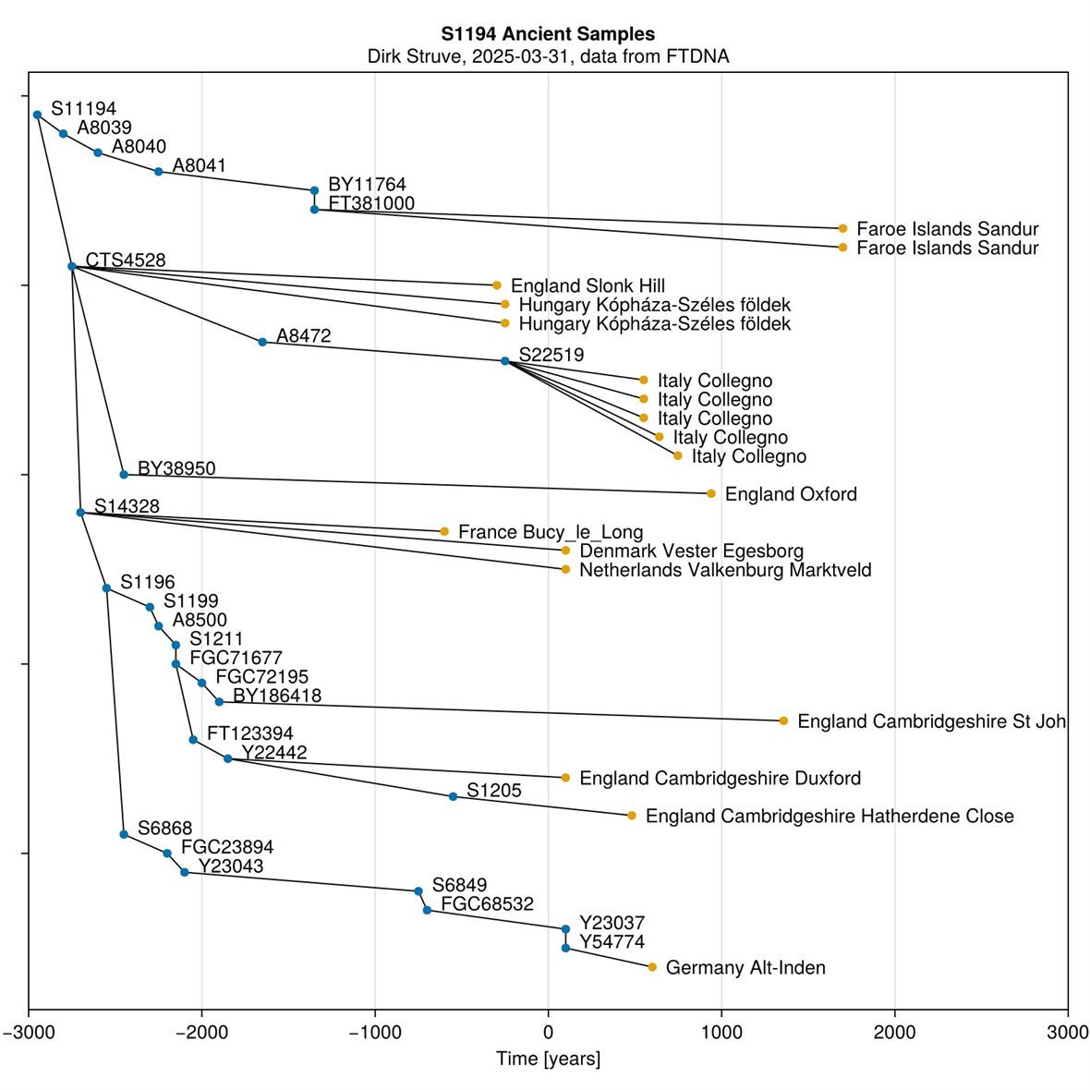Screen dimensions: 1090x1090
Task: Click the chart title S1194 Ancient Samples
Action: click(x=548, y=34)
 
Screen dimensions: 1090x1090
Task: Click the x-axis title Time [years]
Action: click(x=548, y=1059)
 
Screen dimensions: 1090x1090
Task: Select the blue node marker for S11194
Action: click(x=37, y=115)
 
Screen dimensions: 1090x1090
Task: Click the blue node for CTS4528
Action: click(x=72, y=266)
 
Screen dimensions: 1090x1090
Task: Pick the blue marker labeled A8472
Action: click(x=262, y=342)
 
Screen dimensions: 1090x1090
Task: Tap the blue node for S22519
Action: click(x=504, y=361)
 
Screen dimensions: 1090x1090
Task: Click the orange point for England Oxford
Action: click(x=711, y=493)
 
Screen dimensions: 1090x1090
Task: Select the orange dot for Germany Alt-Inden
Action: click(x=652, y=967)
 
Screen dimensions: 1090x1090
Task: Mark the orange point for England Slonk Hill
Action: click(x=496, y=285)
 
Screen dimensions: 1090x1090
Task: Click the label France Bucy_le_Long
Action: click(x=551, y=532)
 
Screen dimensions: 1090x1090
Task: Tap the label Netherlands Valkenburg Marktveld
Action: click(x=725, y=570)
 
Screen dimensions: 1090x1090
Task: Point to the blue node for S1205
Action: click(x=453, y=796)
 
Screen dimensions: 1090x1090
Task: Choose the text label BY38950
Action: click(x=176, y=469)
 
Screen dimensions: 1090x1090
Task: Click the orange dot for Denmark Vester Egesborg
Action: click(x=565, y=551)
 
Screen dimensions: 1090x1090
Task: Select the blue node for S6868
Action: click(x=124, y=834)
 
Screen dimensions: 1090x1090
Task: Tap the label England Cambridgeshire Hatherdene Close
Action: click(x=830, y=817)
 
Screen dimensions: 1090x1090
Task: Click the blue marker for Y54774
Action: click(x=565, y=948)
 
